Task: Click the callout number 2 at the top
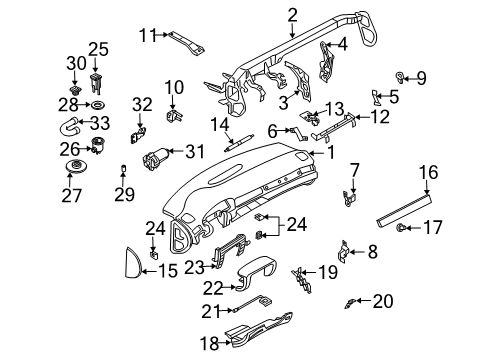(x=292, y=14)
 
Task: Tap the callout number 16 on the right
(x=427, y=174)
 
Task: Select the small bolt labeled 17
(x=403, y=229)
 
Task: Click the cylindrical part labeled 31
(x=158, y=158)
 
